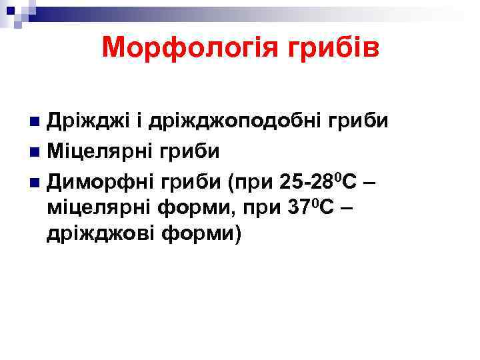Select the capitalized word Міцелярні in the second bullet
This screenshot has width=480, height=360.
[101, 151]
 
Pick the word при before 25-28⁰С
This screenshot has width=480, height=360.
[255, 181]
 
